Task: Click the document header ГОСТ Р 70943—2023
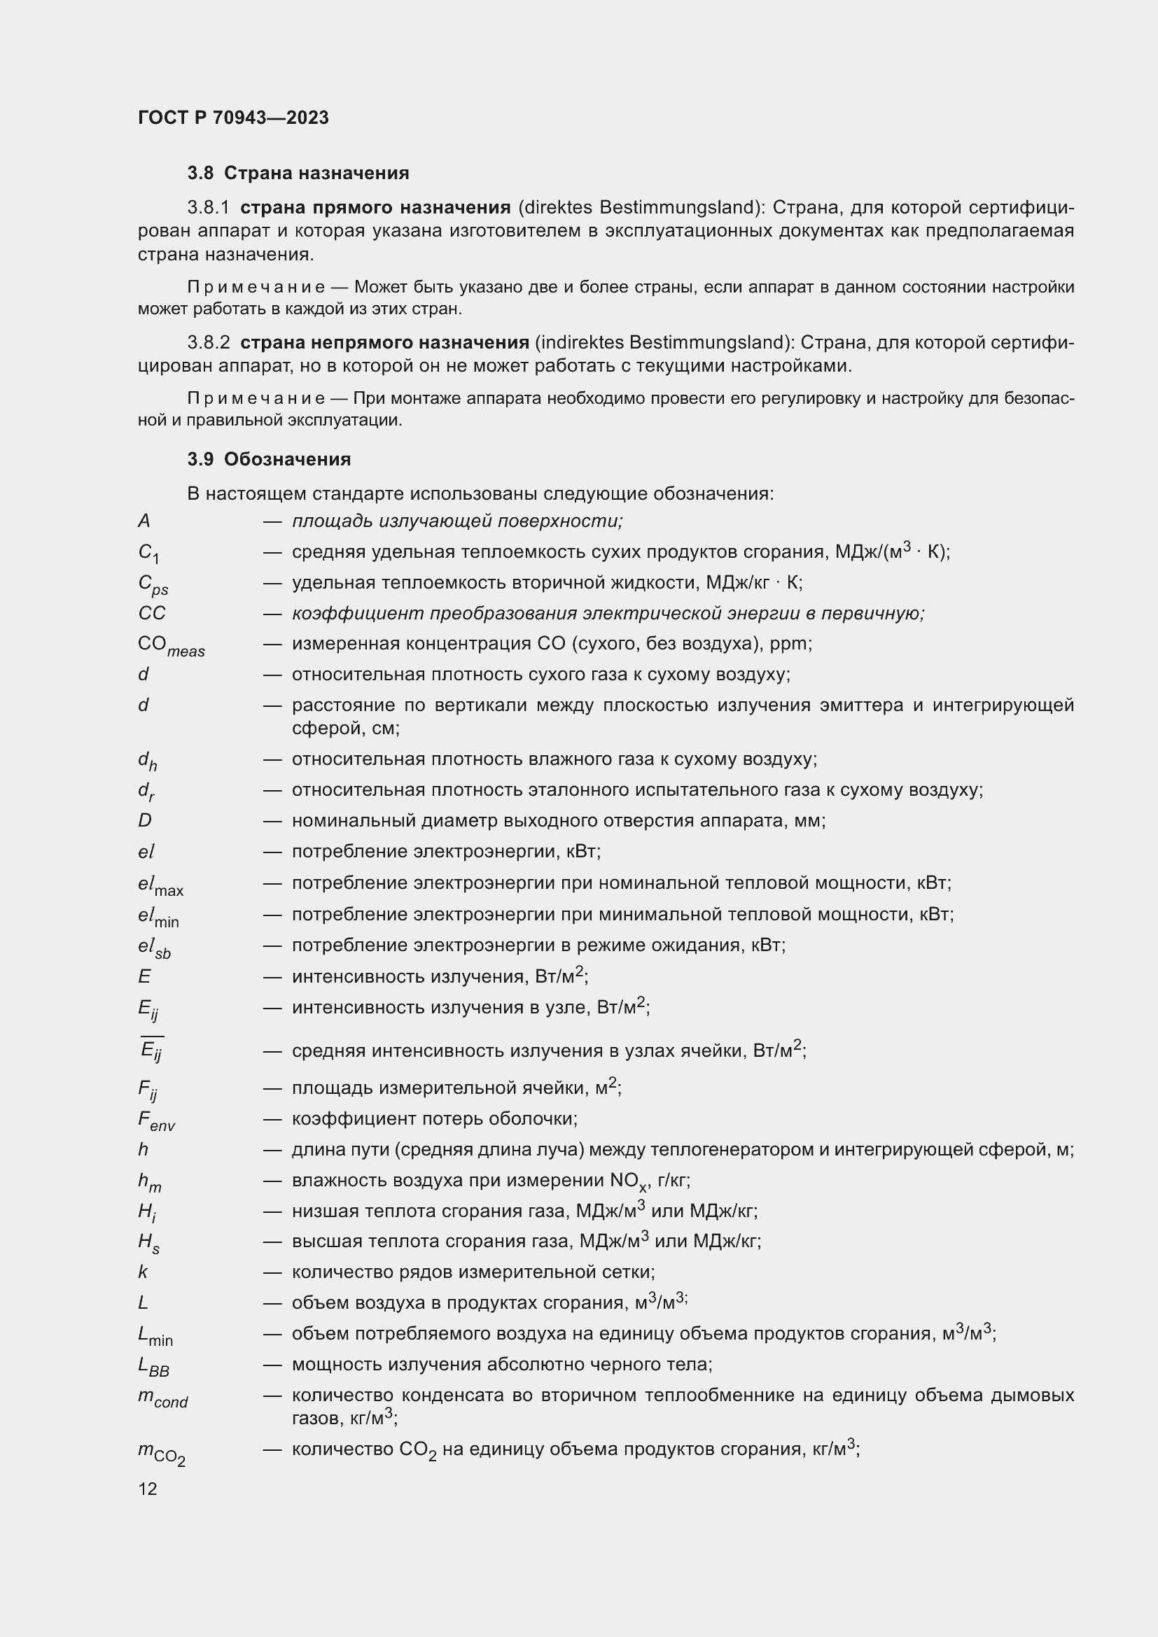[x=233, y=118]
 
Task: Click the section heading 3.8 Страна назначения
[x=298, y=174]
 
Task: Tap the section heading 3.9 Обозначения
[x=269, y=459]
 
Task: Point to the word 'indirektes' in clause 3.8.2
[x=580, y=342]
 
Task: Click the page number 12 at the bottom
[x=148, y=1489]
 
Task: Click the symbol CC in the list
[x=151, y=613]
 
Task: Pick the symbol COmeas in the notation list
[x=170, y=646]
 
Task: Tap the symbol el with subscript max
[x=160, y=885]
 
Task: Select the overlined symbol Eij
[x=151, y=1050]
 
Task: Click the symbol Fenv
[x=156, y=1120]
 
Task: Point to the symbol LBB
[x=153, y=1366]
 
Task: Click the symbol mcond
[x=162, y=1398]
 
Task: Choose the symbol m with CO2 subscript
[x=161, y=1452]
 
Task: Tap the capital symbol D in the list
[x=145, y=821]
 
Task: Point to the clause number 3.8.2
[x=208, y=342]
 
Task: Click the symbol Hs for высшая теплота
[x=148, y=1243]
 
